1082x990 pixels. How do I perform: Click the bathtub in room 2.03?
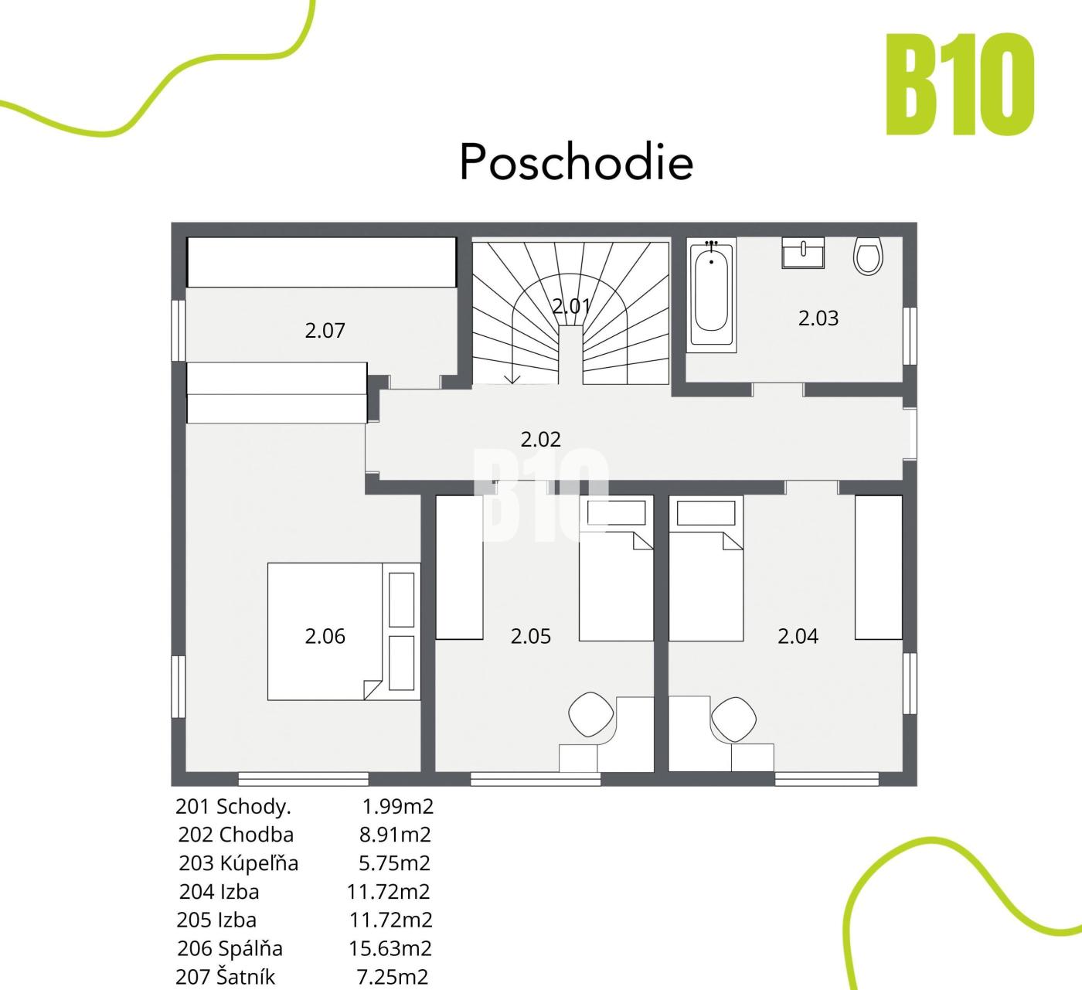[712, 295]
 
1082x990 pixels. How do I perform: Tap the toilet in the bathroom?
[868, 257]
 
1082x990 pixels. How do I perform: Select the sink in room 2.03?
[803, 253]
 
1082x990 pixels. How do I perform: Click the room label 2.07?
[325, 330]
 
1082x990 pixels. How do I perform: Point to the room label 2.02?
[540, 439]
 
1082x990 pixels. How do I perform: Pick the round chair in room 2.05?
[592, 714]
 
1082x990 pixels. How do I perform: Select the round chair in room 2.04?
[733, 720]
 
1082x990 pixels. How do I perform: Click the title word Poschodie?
[576, 162]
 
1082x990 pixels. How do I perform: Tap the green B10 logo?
[960, 84]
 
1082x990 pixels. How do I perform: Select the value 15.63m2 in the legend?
[390, 948]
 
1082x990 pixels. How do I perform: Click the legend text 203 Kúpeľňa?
[238, 863]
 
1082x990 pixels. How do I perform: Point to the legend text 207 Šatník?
[226, 977]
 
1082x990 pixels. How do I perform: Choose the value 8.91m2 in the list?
[396, 835]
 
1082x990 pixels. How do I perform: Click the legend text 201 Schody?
[233, 807]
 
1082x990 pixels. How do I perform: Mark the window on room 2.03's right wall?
[910, 335]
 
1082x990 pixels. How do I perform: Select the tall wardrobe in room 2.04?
[879, 567]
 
